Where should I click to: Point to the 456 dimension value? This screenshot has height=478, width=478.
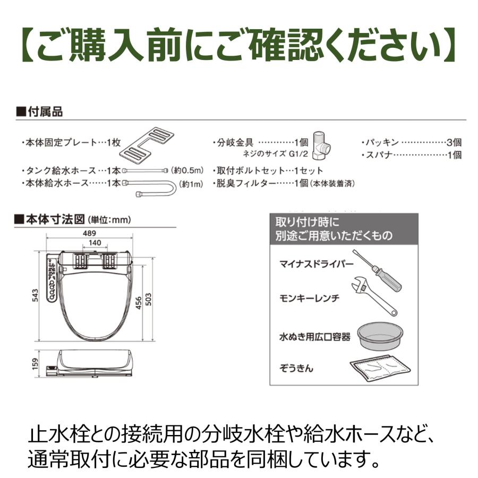tap(138, 302)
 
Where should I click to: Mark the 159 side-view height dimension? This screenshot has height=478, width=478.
tap(35, 364)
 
